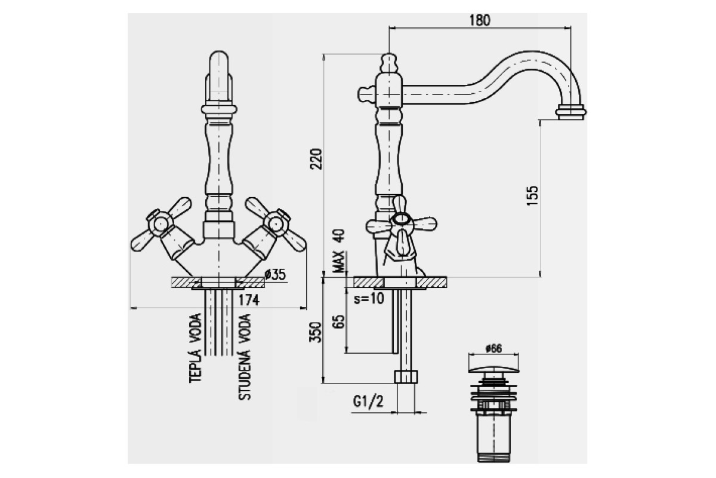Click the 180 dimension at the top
(480, 20)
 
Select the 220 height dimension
(317, 159)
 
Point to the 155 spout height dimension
(532, 195)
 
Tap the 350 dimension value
(316, 332)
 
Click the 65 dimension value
(339, 321)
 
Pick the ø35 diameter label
(275, 274)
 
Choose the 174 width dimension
(249, 300)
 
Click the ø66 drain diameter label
(494, 348)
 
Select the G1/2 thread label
(368, 402)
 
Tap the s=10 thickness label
(369, 299)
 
